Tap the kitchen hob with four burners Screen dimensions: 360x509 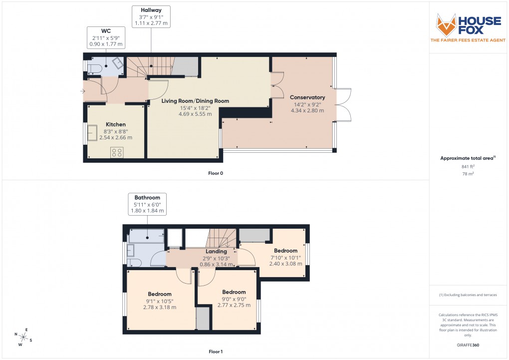pos(117,152)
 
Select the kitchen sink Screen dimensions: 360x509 pos(93,133)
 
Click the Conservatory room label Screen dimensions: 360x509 pos(308,97)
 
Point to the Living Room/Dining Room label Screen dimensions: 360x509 pos(195,101)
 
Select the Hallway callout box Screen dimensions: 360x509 pos(151,16)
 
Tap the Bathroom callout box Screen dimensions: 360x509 pos(147,204)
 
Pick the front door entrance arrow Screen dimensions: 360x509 pos(83,91)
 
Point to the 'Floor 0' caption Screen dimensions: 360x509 pos(216,173)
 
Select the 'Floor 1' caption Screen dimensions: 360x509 pos(216,352)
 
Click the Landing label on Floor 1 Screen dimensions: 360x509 pos(217,252)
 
